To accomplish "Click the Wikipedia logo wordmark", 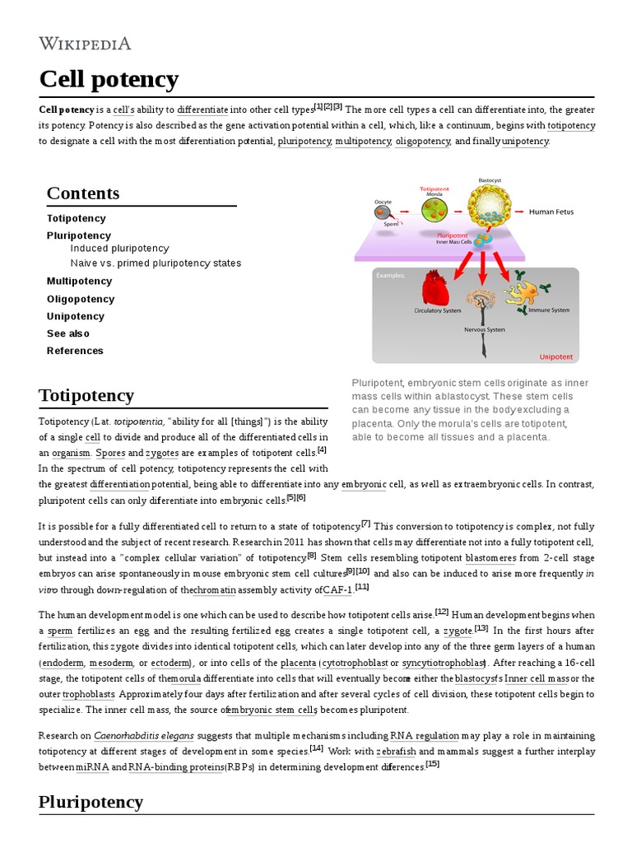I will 85,44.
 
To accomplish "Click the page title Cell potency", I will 109,80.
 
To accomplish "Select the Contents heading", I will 82,193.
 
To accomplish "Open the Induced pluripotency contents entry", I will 119,249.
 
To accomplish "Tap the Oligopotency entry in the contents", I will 81,299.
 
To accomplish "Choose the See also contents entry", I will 68,333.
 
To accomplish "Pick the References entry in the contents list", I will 75,351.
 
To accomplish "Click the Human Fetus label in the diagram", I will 551,212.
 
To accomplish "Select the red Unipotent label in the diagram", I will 556,357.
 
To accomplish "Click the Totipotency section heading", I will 86,395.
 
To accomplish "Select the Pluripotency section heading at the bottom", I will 91,801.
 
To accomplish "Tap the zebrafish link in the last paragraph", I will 395,752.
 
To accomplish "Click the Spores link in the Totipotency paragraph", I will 111,453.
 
